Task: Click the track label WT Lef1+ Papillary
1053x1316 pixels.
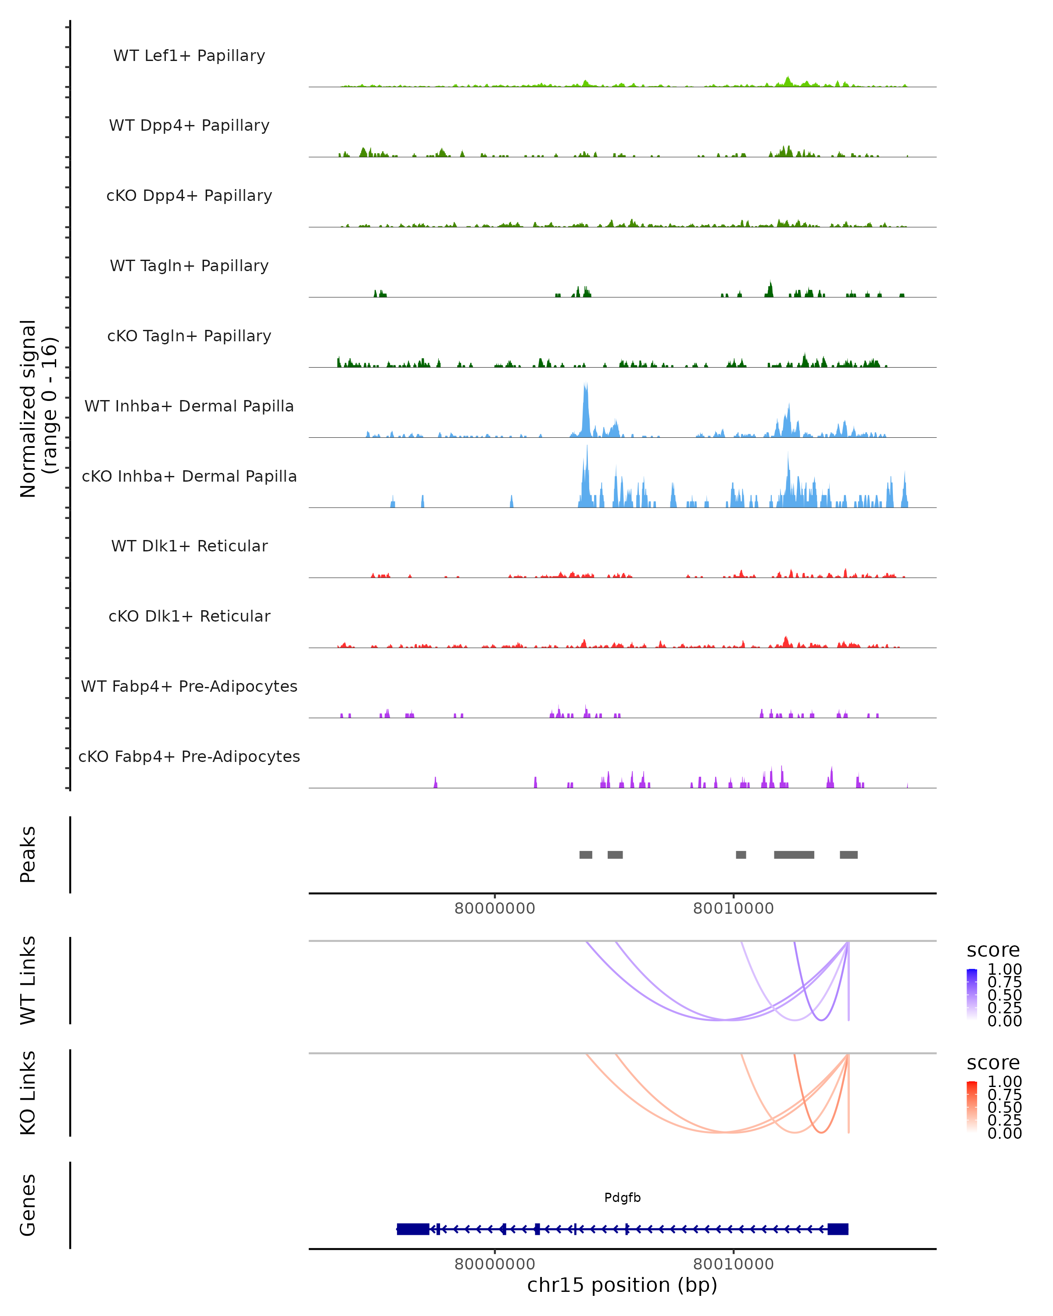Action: [189, 56]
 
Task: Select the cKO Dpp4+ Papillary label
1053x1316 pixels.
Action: [189, 195]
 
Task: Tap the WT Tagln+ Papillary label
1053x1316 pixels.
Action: [189, 265]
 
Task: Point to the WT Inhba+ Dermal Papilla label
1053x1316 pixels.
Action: [189, 406]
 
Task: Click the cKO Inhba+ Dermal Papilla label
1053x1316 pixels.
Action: [189, 476]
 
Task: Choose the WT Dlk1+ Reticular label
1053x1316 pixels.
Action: [189, 546]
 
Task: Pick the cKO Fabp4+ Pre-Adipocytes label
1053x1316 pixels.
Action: [189, 756]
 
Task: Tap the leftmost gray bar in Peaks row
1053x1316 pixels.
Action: [585, 855]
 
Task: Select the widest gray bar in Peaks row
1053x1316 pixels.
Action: [794, 855]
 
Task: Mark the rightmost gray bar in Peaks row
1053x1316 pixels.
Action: [849, 855]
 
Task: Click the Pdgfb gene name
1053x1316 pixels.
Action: [622, 1198]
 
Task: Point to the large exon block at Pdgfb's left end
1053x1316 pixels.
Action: [413, 1229]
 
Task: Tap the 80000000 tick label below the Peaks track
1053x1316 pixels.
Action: [494, 908]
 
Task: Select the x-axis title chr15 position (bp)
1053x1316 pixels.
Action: [622, 1285]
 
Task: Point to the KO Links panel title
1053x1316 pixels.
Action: [28, 1093]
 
